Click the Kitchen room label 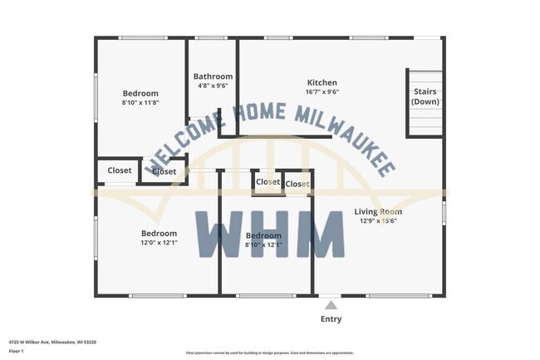[x=322, y=82]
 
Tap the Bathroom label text [x=213, y=76]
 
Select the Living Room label [x=378, y=211]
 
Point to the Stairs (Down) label [x=425, y=96]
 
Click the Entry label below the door [x=331, y=319]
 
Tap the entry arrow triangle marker [x=331, y=303]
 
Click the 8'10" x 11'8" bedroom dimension [x=140, y=103]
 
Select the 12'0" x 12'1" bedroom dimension [x=159, y=244]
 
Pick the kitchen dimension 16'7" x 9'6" [x=322, y=92]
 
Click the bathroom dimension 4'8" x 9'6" [x=213, y=86]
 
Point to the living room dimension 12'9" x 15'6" [x=378, y=221]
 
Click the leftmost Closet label [x=120, y=170]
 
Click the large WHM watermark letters [x=270, y=235]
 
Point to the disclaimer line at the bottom [x=269, y=353]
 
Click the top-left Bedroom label [x=140, y=93]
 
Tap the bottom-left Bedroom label [x=159, y=234]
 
